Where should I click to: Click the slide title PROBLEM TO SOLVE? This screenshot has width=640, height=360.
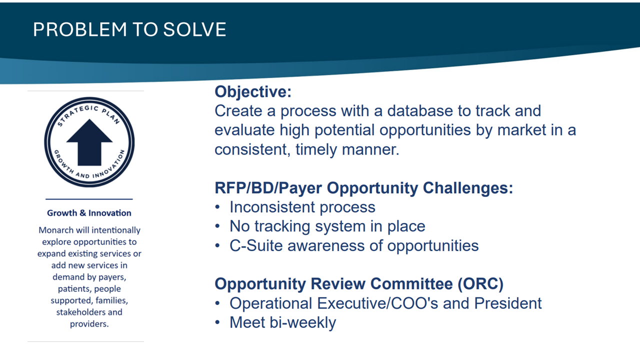(x=129, y=29)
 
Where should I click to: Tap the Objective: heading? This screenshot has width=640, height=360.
(x=253, y=92)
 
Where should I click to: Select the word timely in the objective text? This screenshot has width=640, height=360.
(x=316, y=149)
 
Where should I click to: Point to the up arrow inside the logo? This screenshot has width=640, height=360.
(x=89, y=142)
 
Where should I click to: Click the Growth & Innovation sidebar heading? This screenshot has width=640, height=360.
(x=89, y=213)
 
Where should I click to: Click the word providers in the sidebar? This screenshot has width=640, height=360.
(x=89, y=324)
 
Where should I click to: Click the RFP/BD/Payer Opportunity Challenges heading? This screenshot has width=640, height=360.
(x=363, y=188)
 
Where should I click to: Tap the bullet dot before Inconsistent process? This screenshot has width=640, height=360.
(x=217, y=207)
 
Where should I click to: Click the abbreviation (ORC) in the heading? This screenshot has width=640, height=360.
(x=480, y=284)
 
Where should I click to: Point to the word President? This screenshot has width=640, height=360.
(x=507, y=303)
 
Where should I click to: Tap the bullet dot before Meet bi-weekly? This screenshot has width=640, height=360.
(x=217, y=322)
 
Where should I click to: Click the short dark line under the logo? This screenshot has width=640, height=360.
(x=89, y=199)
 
